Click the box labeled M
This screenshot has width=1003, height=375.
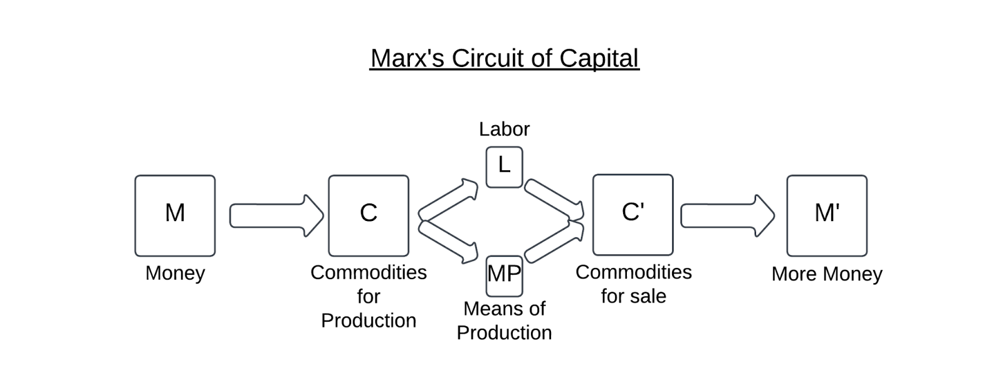tap(175, 215)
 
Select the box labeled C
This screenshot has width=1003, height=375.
tap(369, 215)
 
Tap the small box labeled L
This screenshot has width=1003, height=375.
tap(504, 167)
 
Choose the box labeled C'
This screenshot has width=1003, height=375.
tap(633, 215)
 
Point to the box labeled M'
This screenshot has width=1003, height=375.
tap(827, 215)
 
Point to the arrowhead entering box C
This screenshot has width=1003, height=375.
tap(313, 215)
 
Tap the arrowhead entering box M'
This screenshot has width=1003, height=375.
tap(765, 215)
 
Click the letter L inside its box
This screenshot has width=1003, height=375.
tap(504, 166)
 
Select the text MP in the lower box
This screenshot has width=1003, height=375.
tap(504, 274)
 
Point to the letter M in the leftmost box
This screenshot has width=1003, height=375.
tap(175, 213)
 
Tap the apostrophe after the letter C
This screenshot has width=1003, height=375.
tap(643, 207)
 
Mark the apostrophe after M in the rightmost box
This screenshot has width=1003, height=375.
tap(838, 207)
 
